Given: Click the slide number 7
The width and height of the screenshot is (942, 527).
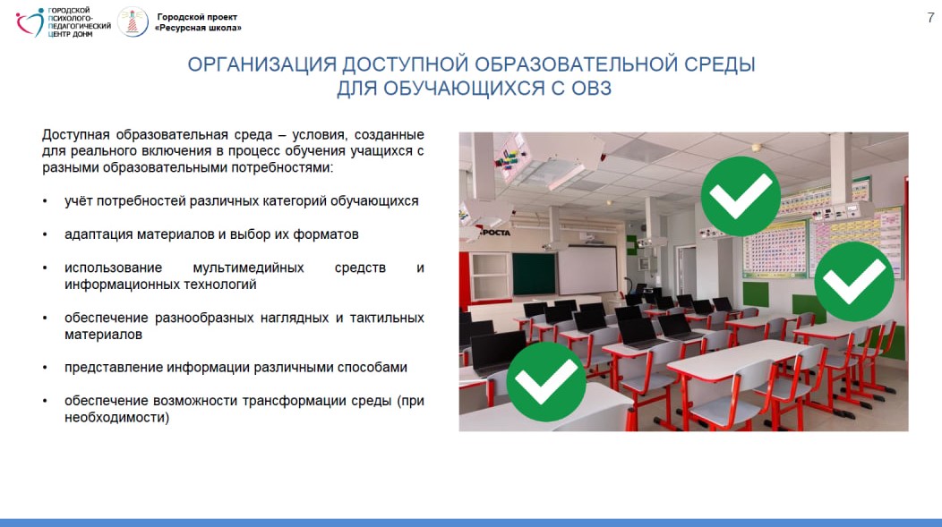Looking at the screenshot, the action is click(930, 18).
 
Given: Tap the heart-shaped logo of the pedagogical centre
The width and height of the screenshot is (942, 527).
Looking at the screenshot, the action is click(30, 22).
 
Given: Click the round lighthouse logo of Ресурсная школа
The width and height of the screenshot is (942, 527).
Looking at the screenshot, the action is click(133, 22).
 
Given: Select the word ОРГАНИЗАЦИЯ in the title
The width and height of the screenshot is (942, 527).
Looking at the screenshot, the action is click(261, 64).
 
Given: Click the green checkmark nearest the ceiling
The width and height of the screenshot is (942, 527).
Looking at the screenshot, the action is click(741, 196).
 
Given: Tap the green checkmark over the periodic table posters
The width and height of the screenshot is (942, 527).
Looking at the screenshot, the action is click(853, 282).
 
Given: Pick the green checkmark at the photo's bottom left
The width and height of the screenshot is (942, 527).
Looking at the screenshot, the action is click(545, 382).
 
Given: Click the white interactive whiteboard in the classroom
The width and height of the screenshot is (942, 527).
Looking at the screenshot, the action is click(587, 270).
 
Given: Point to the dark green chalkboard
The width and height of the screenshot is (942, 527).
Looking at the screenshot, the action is click(534, 274).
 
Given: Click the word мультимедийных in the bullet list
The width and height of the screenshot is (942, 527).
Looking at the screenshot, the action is click(248, 268).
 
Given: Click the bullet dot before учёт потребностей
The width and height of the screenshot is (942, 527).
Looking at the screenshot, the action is click(45, 201).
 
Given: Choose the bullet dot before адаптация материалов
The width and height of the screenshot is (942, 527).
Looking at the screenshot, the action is click(45, 234).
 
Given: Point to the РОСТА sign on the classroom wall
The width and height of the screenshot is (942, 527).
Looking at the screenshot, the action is click(495, 233).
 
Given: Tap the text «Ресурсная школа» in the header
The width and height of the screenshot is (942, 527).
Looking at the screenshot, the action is click(198, 28).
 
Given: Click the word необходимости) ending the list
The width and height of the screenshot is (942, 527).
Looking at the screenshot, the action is click(117, 417).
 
